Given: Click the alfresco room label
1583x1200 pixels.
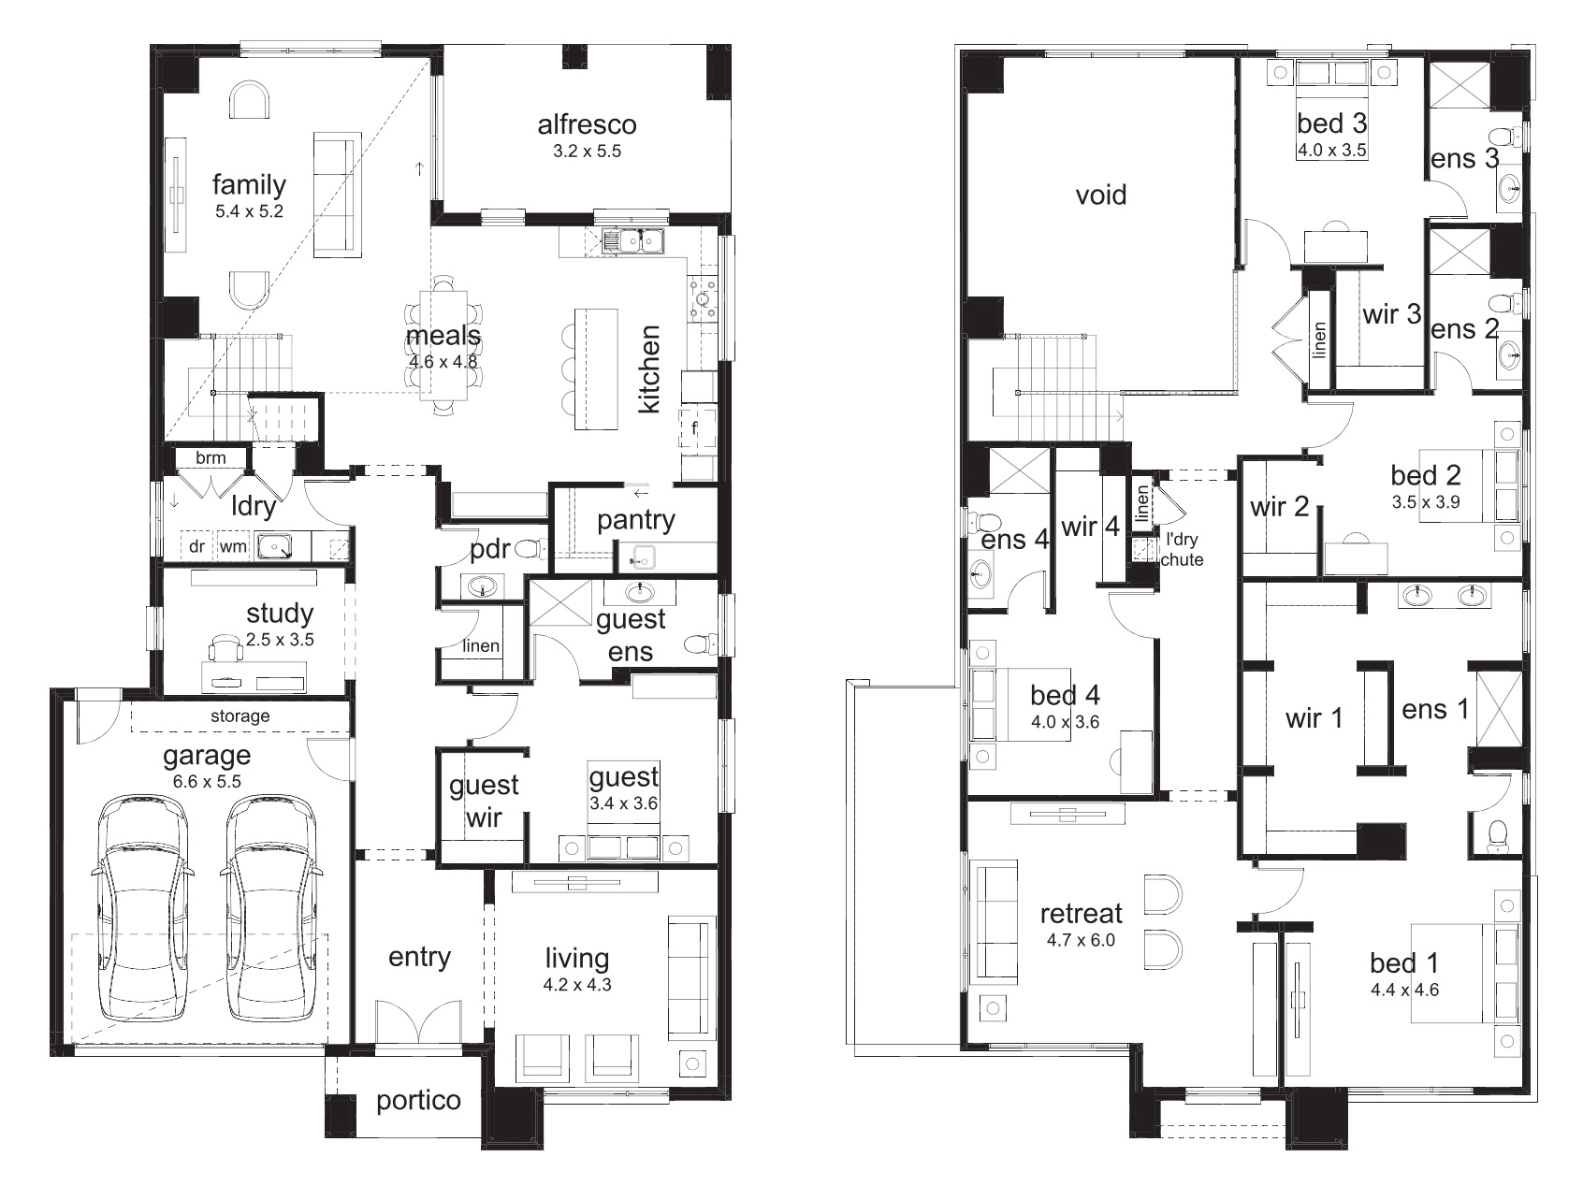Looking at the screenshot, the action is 587,124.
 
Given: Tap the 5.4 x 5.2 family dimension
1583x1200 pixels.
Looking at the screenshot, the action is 249,211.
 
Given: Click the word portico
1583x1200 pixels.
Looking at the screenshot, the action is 418,1101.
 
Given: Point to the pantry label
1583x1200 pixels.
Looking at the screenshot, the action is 636,520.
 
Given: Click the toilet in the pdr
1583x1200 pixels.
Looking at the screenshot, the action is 530,548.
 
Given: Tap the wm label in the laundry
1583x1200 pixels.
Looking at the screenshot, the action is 233,546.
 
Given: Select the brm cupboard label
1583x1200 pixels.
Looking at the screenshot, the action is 211,458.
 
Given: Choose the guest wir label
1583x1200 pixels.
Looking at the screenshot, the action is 484,802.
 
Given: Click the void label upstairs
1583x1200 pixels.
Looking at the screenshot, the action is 1101,195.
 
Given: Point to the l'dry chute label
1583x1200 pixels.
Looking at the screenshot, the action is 1182,550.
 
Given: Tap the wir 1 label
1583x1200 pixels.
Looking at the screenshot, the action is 1314,718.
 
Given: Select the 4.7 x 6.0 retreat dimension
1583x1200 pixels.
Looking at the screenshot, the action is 1082,940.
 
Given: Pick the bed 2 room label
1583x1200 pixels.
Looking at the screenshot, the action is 1425,476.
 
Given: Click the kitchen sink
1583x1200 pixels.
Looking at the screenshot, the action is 633,241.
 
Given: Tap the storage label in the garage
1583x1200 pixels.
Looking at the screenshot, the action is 240,716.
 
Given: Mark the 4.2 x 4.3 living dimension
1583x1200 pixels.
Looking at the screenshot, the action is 577,985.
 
